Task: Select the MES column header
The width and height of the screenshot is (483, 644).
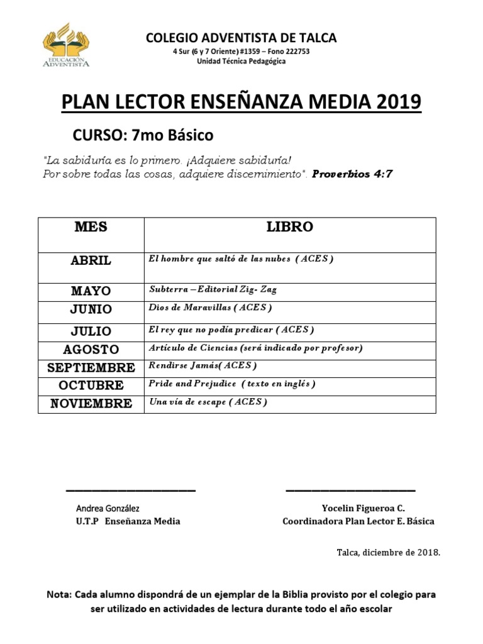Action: [x=91, y=228]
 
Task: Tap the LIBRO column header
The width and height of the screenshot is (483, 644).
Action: [x=289, y=228]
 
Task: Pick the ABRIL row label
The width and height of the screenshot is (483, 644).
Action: [x=91, y=261]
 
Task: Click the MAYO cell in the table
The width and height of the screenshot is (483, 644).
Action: [x=91, y=291]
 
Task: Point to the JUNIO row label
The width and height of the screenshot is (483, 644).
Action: [x=91, y=309]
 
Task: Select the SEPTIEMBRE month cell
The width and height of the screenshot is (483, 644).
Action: [x=91, y=368]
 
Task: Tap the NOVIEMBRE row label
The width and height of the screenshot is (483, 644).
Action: [x=91, y=404]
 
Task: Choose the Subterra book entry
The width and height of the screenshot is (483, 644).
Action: [x=213, y=290]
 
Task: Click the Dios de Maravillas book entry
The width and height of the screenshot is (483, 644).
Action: [x=210, y=308]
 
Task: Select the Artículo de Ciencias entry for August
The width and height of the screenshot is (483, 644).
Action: [x=255, y=348]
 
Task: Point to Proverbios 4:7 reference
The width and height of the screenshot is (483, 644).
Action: [x=352, y=174]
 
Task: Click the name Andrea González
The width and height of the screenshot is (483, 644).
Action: [x=108, y=508]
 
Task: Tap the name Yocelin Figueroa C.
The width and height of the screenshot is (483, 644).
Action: [x=364, y=508]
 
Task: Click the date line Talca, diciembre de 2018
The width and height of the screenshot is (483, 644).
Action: [x=389, y=552]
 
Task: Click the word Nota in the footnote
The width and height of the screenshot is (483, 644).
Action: [x=59, y=594]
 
